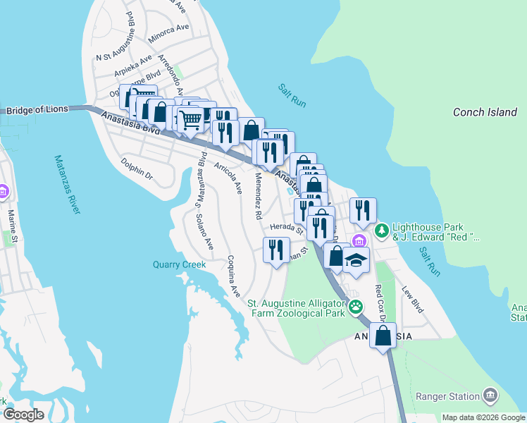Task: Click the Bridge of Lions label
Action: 38,110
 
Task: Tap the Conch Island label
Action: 485,112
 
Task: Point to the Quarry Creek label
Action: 180,265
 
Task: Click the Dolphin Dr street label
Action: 137,172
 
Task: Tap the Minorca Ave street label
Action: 169,29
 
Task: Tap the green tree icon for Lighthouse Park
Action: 382,231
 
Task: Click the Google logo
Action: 23,415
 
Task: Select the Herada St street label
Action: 286,228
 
